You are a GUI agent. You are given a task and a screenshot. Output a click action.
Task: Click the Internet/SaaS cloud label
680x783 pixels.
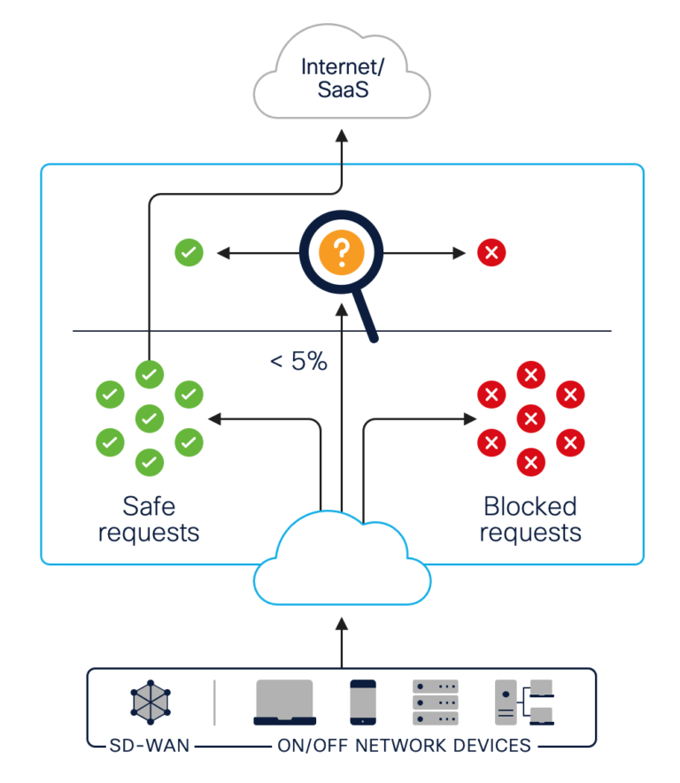(x=342, y=78)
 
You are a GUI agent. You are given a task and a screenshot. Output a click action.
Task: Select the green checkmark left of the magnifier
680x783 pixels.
(x=189, y=253)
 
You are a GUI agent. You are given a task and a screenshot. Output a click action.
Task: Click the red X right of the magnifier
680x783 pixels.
(x=491, y=253)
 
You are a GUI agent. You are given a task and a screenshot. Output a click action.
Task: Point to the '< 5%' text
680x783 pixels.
(x=298, y=361)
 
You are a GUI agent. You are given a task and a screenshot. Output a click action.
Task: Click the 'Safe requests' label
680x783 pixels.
(x=149, y=519)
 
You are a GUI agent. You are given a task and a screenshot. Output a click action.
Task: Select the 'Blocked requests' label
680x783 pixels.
(x=529, y=519)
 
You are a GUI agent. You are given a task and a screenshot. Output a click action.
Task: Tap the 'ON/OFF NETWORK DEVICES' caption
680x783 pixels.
(x=402, y=745)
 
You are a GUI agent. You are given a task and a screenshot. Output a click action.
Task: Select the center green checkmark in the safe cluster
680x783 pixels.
(x=149, y=417)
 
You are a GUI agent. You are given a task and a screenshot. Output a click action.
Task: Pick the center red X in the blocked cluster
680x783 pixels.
(x=529, y=417)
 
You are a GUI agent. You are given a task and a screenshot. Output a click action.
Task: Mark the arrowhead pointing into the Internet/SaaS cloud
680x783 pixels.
(x=342, y=134)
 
